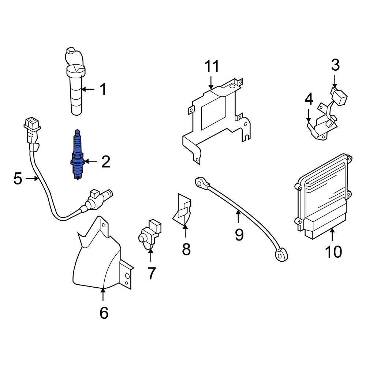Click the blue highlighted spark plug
click(77, 155)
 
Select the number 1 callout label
click(103, 89)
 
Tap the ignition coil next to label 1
click(76, 88)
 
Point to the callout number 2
click(105, 162)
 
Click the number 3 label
click(335, 65)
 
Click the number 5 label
click(18, 179)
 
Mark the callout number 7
click(152, 273)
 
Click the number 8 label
click(186, 249)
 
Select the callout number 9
click(239, 234)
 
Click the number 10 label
click(333, 251)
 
